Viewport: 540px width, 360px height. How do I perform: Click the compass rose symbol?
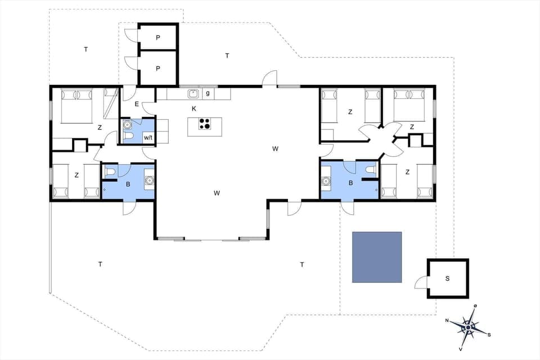pyautogui.click(x=468, y=326)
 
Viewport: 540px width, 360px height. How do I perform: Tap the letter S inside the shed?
pyautogui.click(x=448, y=278)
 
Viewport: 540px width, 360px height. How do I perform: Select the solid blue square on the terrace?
pyautogui.click(x=377, y=257)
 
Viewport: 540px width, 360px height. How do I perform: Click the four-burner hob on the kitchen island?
pyautogui.click(x=205, y=124)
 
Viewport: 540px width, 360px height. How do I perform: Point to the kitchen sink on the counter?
pyautogui.click(x=193, y=93)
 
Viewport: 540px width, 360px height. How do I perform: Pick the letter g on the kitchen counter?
pyautogui.click(x=208, y=93)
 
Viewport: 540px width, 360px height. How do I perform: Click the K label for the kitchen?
pyautogui.click(x=194, y=108)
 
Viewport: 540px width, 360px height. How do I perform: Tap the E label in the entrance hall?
pyautogui.click(x=137, y=103)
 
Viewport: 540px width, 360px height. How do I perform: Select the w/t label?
pyautogui.click(x=148, y=137)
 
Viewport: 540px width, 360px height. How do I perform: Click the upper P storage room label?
pyautogui.click(x=158, y=38)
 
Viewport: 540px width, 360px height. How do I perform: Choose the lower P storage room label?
pyautogui.click(x=158, y=68)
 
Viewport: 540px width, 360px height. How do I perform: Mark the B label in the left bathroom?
pyautogui.click(x=128, y=183)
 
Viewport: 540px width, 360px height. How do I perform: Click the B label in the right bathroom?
pyautogui.click(x=351, y=183)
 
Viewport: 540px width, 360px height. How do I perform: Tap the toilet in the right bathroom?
pyautogui.click(x=370, y=169)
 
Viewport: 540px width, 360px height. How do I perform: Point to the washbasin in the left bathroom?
pyautogui.click(x=149, y=181)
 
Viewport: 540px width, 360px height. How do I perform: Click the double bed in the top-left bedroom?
pyautogui.click(x=76, y=105)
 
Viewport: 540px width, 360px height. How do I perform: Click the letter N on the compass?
pyautogui.click(x=447, y=321)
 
